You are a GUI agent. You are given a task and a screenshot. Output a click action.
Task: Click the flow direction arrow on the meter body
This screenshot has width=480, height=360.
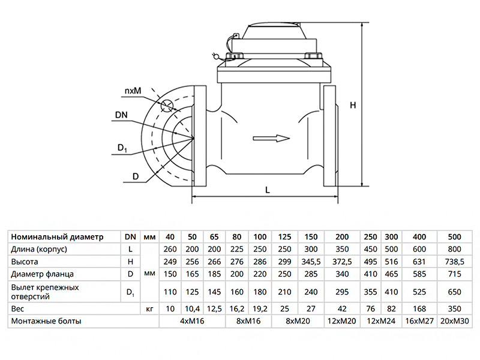[272, 139]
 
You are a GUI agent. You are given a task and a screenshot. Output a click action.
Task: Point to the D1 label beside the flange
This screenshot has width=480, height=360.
[122, 148]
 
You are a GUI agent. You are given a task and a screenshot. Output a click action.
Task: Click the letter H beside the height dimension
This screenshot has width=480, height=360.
[353, 105]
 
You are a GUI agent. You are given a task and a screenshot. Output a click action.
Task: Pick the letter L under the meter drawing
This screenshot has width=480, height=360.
[268, 190]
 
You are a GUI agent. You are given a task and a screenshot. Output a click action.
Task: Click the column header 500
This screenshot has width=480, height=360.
[455, 236]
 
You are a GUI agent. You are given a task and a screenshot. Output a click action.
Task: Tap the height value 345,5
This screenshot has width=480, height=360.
[311, 262]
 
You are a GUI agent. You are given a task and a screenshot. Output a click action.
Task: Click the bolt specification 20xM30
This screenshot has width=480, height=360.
[455, 321]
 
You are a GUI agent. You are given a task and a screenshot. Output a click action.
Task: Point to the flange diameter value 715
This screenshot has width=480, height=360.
[455, 274]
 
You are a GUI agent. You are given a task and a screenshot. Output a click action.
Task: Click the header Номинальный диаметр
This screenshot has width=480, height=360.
[57, 236]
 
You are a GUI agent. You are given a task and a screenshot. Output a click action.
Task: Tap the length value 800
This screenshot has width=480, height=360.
[455, 249]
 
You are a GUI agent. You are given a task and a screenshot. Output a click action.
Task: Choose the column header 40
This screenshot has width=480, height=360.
[170, 236]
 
